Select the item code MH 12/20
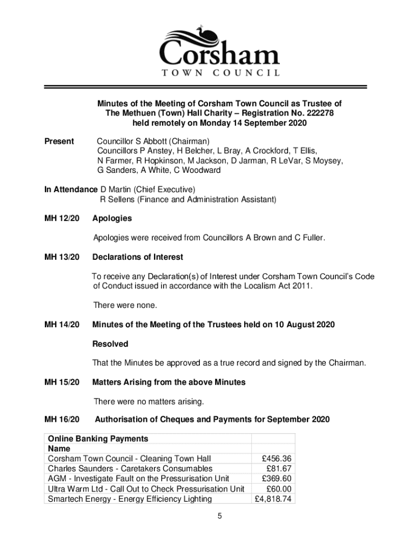tap(62, 219)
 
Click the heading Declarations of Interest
tap(138, 257)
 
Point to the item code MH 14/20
tap(62, 325)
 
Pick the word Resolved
tap(110, 344)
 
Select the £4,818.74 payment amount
tap(273, 498)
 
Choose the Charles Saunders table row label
tap(130, 468)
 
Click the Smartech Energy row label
tap(130, 498)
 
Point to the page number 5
tap(219, 516)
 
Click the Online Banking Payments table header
tap(98, 439)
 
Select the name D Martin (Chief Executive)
tap(147, 190)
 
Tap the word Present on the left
tap(59, 141)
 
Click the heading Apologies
tap(112, 219)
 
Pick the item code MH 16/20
tap(62, 419)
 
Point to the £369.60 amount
tap(276, 478)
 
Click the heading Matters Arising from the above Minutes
tap(169, 382)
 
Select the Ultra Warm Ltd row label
tap(146, 489)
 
